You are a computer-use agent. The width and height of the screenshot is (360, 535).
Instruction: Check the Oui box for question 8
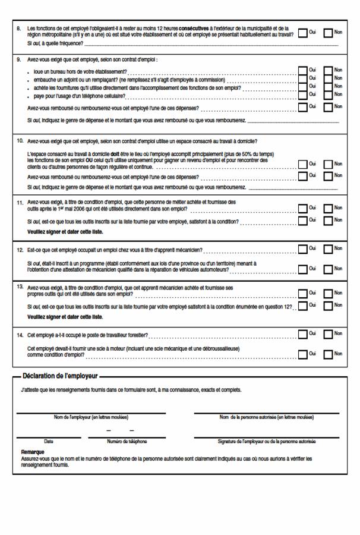pos(302,33)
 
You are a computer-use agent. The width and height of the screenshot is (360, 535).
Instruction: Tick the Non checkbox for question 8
pos(328,33)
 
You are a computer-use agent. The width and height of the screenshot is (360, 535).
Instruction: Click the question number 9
pos(19,59)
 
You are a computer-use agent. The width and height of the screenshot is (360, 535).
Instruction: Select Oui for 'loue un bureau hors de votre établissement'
pos(302,71)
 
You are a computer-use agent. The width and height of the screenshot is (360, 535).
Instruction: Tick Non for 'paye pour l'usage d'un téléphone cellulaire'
pos(328,95)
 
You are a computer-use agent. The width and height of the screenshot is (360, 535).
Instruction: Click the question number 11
pos(20,202)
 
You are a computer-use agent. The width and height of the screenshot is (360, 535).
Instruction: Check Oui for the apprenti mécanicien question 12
pos(302,248)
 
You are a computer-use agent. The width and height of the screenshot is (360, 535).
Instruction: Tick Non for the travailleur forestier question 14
pos(328,335)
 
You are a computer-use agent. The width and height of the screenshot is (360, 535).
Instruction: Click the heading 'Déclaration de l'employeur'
pos(60,376)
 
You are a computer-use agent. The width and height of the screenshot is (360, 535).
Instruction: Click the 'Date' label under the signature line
pos(48,441)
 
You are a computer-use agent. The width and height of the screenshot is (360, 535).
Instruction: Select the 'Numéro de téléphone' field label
pos(127,441)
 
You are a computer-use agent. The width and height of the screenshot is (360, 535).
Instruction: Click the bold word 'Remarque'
pos(33,452)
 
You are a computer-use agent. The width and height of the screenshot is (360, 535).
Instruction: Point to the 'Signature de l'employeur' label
pos(267,441)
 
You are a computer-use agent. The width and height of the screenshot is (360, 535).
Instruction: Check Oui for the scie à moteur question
pos(302,354)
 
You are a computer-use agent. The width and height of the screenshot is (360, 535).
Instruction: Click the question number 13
pos(20,287)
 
